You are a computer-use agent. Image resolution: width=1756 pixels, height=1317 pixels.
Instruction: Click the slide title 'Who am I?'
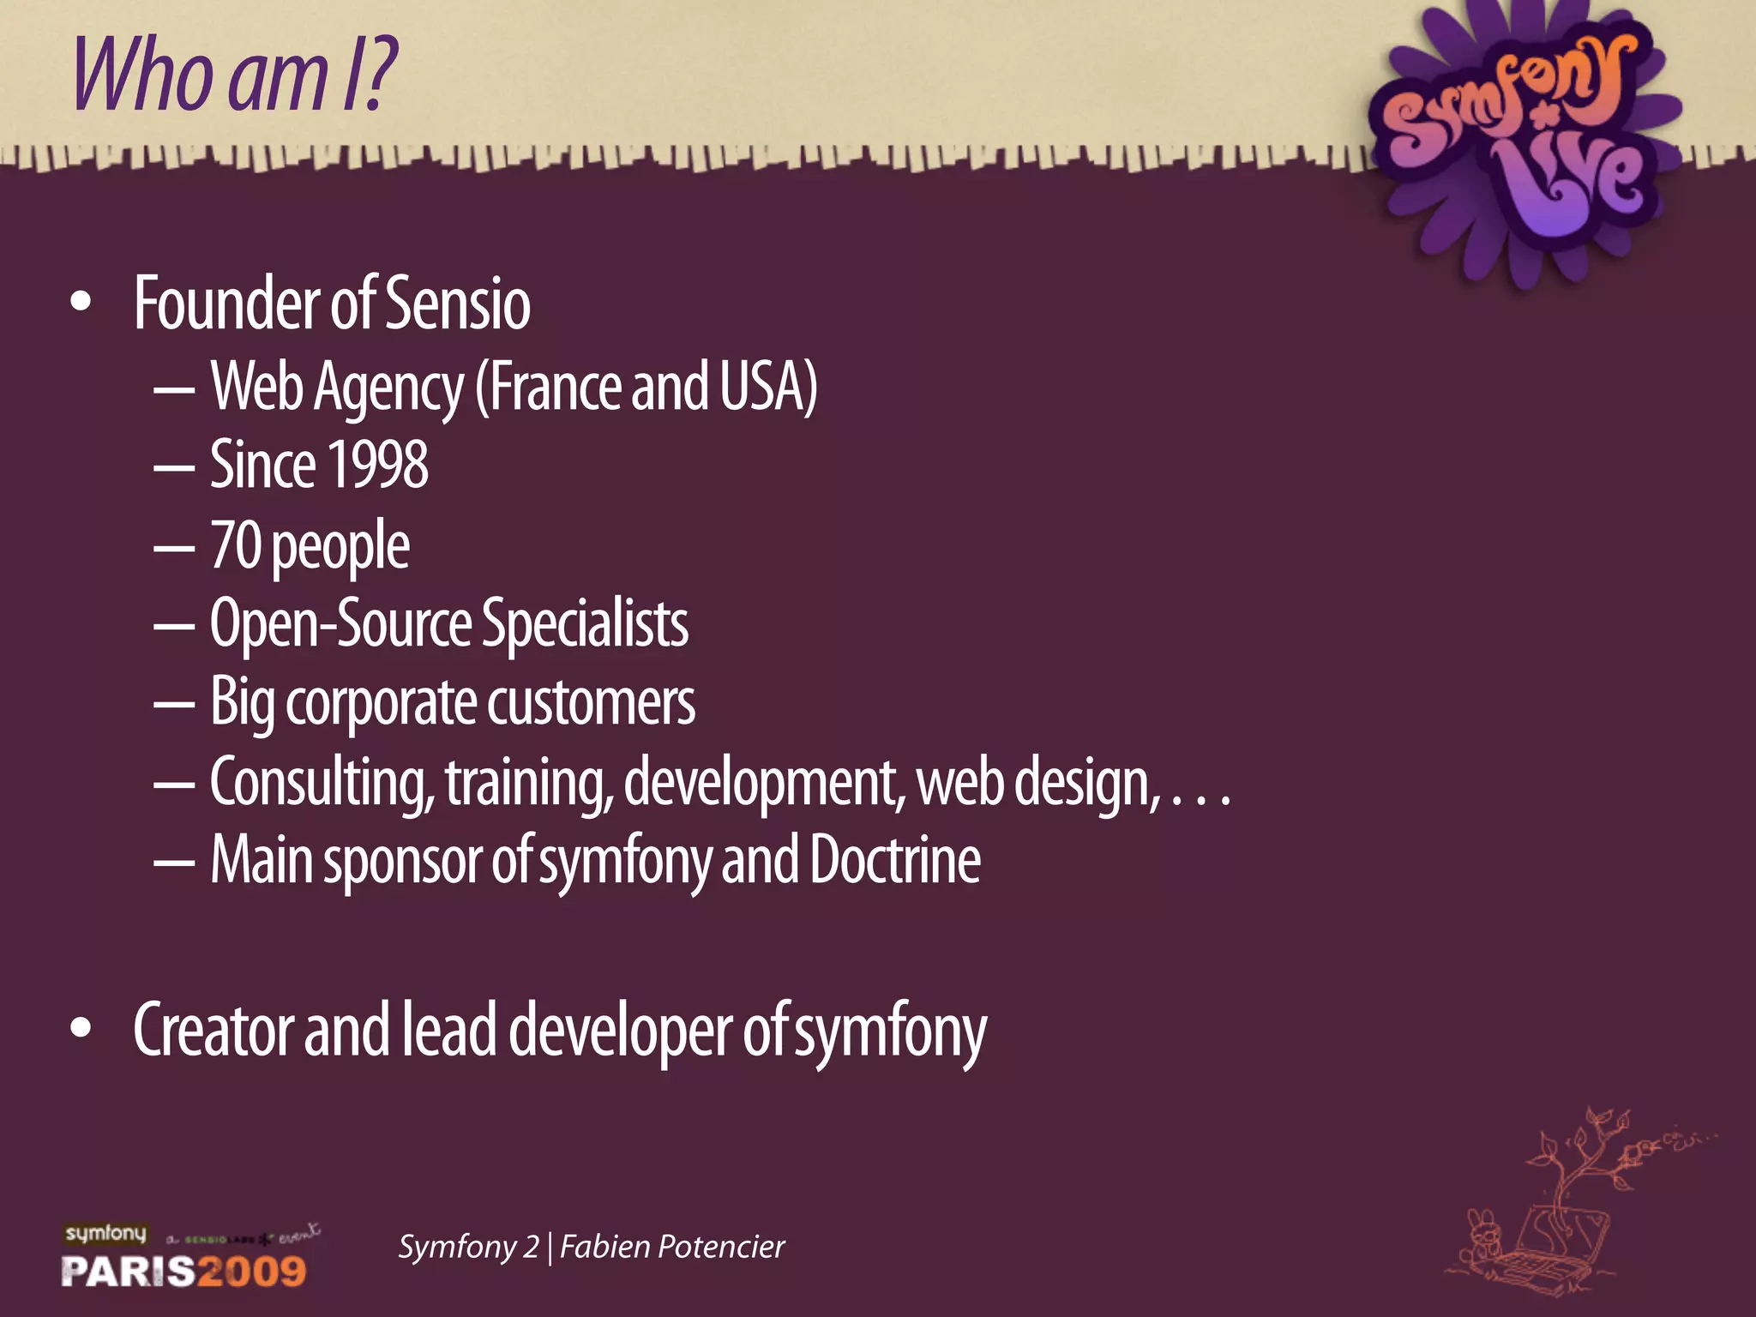coord(235,75)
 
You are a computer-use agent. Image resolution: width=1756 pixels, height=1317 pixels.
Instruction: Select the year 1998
coord(378,466)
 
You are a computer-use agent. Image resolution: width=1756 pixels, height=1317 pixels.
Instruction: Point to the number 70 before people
coord(236,545)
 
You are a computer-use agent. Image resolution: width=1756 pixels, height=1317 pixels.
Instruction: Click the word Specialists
coord(586,624)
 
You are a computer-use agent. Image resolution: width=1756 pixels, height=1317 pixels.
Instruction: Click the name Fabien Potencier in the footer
coord(672,1247)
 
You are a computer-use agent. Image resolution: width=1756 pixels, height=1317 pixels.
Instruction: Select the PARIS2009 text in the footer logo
coord(183,1270)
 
